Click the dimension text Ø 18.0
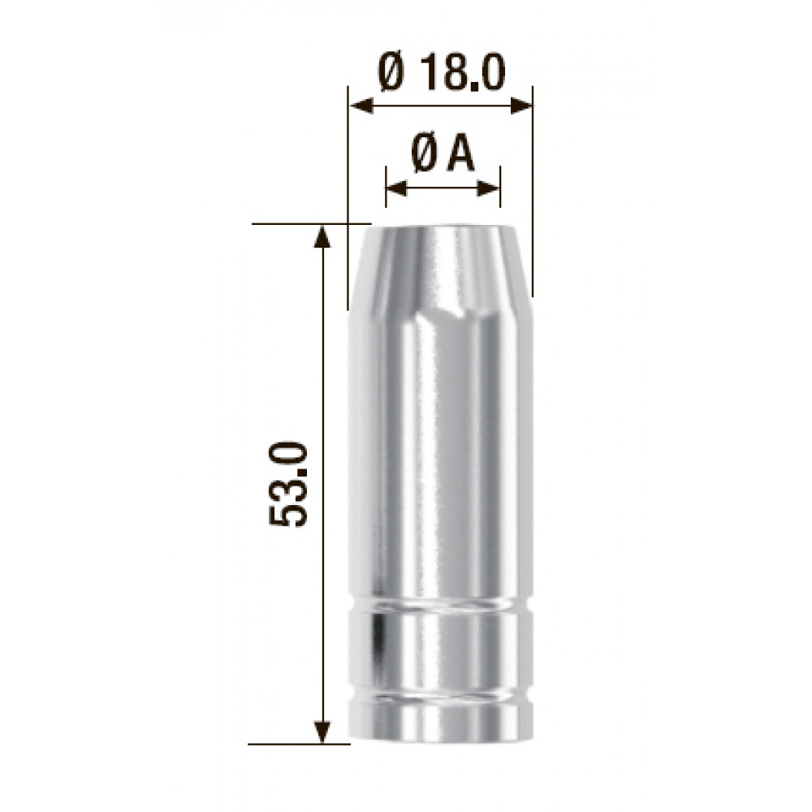point(441,74)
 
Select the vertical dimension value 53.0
point(288,484)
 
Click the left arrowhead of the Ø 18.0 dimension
point(361,106)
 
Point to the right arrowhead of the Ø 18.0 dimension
point(521,106)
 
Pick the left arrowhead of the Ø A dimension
point(397,189)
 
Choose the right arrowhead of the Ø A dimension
point(489,189)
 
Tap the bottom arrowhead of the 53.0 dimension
point(322,732)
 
